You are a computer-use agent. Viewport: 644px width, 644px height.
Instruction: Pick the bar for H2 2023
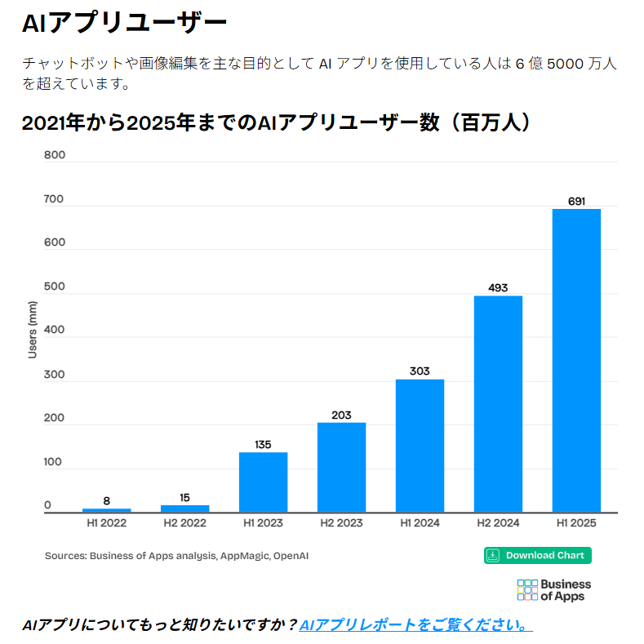coord(341,467)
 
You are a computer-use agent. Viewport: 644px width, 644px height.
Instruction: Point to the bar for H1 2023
coord(263,482)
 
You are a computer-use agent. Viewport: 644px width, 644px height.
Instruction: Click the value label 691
coord(576,201)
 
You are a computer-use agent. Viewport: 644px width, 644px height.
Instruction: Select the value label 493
coord(498,287)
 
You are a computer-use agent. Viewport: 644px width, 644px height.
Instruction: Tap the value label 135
coord(263,445)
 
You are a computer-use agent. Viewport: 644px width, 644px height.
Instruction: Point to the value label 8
coord(106,500)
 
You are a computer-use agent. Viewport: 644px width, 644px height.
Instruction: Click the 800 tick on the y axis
coord(54,155)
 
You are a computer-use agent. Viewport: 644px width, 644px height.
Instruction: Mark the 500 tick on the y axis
coord(54,286)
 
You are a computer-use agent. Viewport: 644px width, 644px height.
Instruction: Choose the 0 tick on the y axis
coord(47,505)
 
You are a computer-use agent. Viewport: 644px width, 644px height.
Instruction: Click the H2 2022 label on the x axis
coord(184,522)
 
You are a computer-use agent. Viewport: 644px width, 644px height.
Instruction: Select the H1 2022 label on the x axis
coord(106,522)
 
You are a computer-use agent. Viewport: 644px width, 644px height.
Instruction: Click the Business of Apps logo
coord(554,589)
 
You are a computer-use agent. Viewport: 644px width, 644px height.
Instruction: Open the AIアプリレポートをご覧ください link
coord(416,625)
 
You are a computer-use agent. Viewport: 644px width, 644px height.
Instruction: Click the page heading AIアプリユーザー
coord(124,23)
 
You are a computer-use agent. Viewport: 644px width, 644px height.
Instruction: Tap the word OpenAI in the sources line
coord(291,556)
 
